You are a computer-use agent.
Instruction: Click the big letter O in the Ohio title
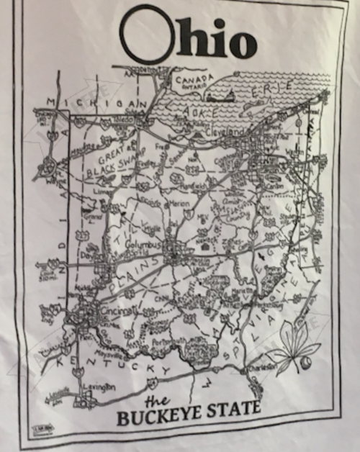[x=147, y=36]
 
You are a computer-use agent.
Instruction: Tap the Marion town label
[x=179, y=204]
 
